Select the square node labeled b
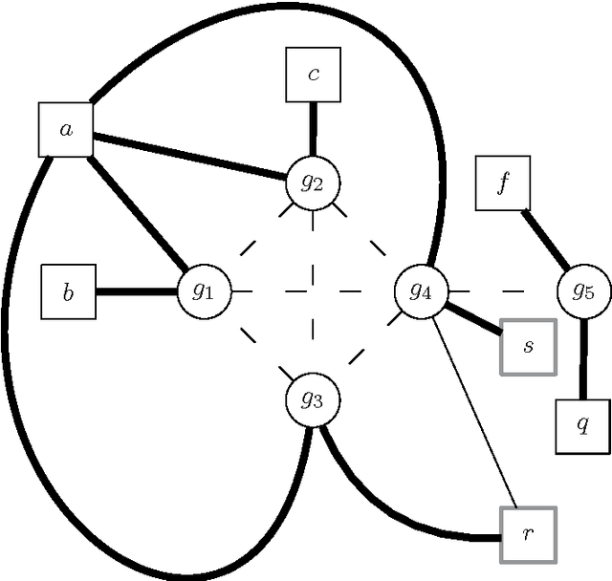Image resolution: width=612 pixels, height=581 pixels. [x=68, y=291]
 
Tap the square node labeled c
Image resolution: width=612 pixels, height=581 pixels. [x=314, y=75]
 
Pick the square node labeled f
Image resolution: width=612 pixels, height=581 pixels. [x=503, y=183]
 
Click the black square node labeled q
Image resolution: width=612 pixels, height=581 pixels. [x=582, y=426]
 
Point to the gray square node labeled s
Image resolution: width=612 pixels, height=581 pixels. [x=528, y=347]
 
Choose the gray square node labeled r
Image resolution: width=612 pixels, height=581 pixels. [x=528, y=534]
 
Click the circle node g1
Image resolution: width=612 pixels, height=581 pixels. [x=206, y=290]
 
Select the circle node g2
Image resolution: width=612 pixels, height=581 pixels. [x=314, y=181]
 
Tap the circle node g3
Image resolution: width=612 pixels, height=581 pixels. [x=313, y=399]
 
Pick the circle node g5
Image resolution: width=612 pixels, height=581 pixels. [x=583, y=290]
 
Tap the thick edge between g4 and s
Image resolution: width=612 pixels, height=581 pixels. [x=474, y=319]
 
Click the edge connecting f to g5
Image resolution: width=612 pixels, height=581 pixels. [x=545, y=239]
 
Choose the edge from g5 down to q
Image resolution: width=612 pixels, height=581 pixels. [x=583, y=358]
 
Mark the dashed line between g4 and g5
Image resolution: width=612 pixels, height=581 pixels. [x=503, y=290]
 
